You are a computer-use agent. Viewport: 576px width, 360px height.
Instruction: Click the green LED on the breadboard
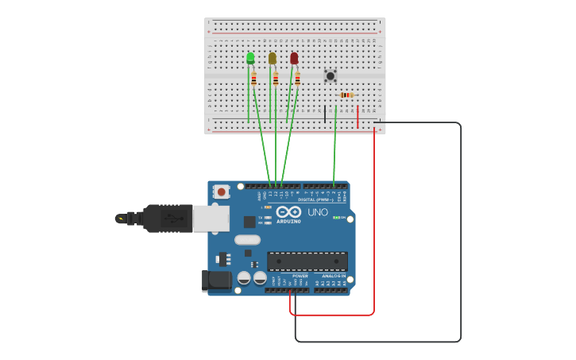[x=250, y=58]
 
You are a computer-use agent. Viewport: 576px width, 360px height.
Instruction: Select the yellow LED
[x=273, y=58]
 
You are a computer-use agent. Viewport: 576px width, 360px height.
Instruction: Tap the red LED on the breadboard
[x=294, y=58]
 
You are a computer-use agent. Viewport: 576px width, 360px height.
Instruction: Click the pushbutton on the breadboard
[x=331, y=75]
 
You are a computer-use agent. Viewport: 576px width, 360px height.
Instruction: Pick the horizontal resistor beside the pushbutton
[x=346, y=95]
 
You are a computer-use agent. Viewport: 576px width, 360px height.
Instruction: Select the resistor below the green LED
[x=253, y=79]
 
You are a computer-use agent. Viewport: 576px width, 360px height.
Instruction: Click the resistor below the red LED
[x=297, y=79]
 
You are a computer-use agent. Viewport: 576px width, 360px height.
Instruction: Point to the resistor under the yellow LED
[x=276, y=79]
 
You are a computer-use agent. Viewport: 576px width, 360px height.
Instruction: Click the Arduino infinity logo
[x=288, y=211]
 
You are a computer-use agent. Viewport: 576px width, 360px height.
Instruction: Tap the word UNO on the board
[x=317, y=212]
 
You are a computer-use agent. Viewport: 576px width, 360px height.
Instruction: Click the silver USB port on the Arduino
[x=211, y=219]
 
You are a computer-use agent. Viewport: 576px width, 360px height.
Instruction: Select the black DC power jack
[x=216, y=281]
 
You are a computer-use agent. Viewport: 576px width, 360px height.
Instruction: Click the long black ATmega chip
[x=307, y=261]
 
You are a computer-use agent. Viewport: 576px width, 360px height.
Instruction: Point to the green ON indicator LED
[x=336, y=217]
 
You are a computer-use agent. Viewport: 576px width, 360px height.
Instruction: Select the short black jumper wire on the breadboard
[x=324, y=114]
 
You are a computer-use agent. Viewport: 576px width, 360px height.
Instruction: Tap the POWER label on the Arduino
[x=300, y=276]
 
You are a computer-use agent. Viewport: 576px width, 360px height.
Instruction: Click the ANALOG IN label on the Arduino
[x=333, y=276]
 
